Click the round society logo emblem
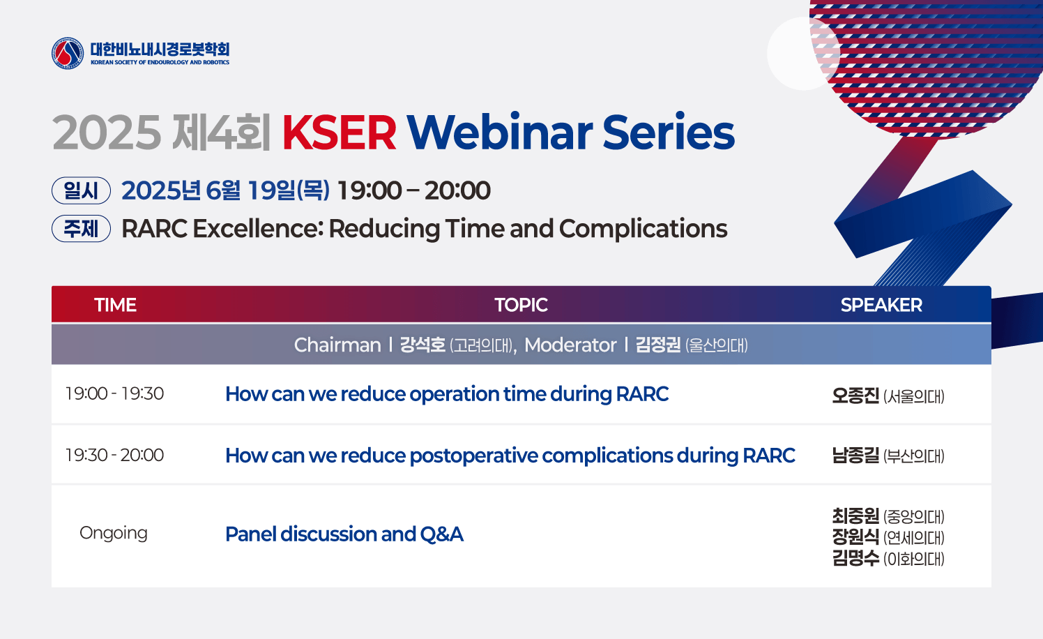[x=68, y=53]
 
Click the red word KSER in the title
[x=339, y=133]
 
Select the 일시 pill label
[x=81, y=190]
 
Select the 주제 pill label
[x=81, y=229]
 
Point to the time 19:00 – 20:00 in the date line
[x=413, y=190]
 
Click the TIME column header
[x=115, y=305]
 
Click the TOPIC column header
[x=521, y=305]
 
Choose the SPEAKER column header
[x=881, y=305]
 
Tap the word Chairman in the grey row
[x=337, y=345]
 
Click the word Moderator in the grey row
[x=570, y=345]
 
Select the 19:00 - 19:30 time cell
[x=114, y=393]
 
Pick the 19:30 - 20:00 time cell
[x=114, y=455]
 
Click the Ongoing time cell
[x=114, y=533]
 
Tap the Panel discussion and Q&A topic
[x=344, y=534]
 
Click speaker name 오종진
[x=855, y=396]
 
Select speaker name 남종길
[x=855, y=456]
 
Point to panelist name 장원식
[x=855, y=537]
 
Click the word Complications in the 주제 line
[x=643, y=229]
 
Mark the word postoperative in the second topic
[x=473, y=456]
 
